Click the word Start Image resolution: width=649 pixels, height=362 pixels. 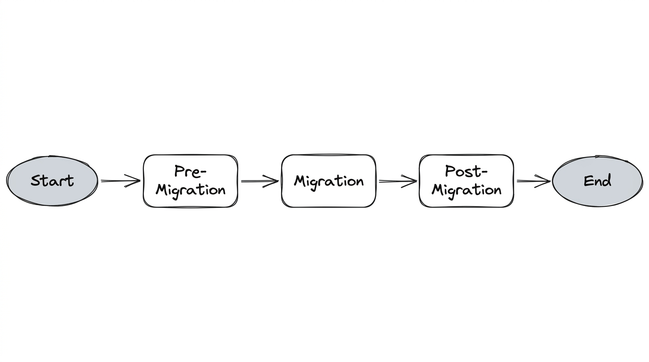click(x=52, y=181)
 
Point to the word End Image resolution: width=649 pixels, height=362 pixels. click(x=597, y=181)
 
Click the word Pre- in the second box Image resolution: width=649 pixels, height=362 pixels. click(x=191, y=172)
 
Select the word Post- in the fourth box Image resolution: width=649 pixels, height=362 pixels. click(x=466, y=172)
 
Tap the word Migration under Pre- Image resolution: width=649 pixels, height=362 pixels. click(x=191, y=190)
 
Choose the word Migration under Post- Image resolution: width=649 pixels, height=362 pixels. click(x=466, y=190)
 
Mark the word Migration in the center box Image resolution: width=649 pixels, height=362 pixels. click(x=329, y=181)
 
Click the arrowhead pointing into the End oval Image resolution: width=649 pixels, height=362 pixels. click(x=545, y=181)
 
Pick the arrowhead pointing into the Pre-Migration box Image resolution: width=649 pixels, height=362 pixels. click(x=135, y=181)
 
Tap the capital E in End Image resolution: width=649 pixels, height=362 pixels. click(x=588, y=181)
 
